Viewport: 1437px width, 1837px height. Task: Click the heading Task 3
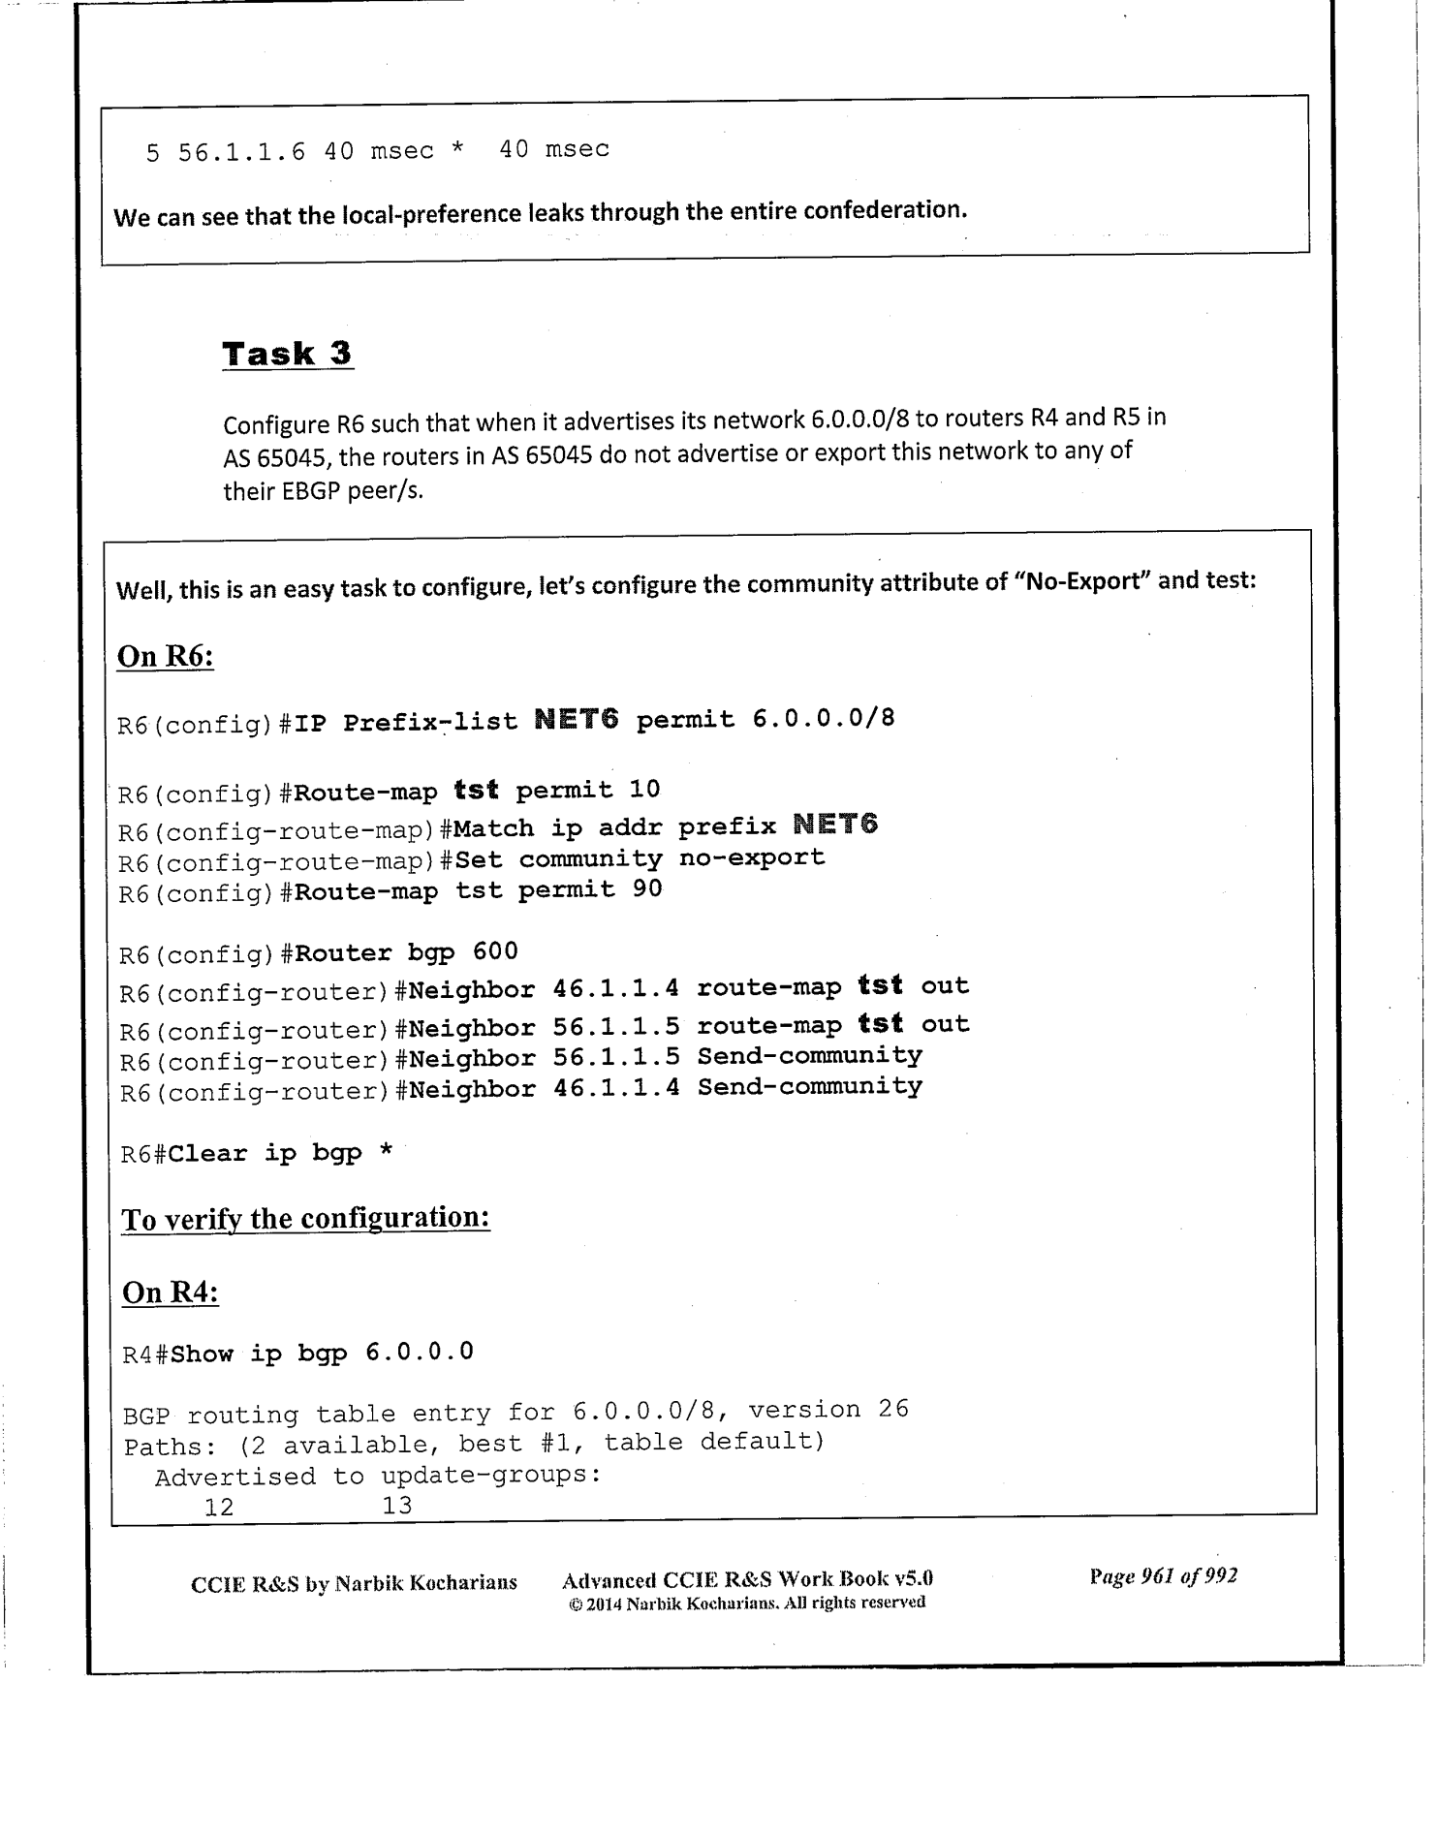[287, 354]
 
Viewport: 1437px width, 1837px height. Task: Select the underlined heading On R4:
[170, 1292]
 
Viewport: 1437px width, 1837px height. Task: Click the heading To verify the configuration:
[305, 1218]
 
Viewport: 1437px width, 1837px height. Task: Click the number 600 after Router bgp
[495, 951]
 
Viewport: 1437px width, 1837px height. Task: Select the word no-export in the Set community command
[751, 857]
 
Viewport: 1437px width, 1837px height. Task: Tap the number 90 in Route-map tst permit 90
[647, 888]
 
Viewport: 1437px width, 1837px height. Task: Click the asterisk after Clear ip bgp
[386, 1152]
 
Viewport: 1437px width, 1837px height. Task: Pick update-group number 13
[397, 1506]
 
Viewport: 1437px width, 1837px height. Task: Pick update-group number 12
[219, 1507]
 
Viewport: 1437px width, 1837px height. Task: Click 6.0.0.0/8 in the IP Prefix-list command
[823, 719]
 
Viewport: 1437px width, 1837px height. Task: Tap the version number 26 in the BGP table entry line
[893, 1409]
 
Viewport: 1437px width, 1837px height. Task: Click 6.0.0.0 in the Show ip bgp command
[420, 1352]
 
